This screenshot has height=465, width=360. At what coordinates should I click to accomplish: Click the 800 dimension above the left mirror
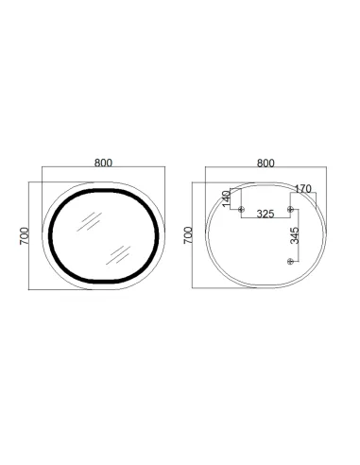click(105, 162)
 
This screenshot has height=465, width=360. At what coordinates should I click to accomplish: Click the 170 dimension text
click(302, 189)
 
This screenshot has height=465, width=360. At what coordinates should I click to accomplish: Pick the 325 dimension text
click(265, 215)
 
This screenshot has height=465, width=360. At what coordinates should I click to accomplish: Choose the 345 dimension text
click(295, 235)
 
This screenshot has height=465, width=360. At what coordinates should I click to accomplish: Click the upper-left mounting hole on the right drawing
click(242, 208)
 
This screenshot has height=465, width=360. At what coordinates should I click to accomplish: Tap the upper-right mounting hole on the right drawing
click(289, 208)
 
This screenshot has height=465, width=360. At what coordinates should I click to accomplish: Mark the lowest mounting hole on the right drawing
click(289, 259)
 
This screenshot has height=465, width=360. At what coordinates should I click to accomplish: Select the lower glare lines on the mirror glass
click(119, 250)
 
